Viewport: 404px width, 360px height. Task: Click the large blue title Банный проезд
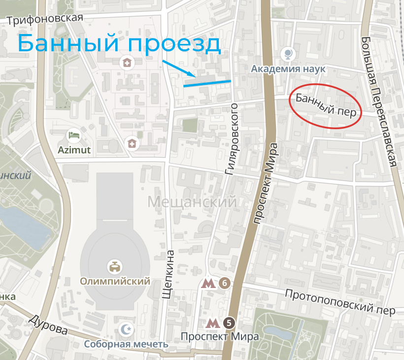point(119,43)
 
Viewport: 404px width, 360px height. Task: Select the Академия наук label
point(288,69)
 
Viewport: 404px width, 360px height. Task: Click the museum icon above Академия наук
point(288,53)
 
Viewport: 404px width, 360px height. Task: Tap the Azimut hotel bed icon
point(73,135)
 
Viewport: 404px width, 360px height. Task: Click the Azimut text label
point(74,150)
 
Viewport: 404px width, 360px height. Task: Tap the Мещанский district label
point(192,202)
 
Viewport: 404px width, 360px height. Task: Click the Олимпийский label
point(115,282)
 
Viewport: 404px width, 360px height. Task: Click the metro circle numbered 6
point(224,283)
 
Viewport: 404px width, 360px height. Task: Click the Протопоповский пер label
point(340,302)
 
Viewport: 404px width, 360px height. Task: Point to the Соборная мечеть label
point(126,344)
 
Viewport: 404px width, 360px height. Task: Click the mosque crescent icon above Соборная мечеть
point(127,329)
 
